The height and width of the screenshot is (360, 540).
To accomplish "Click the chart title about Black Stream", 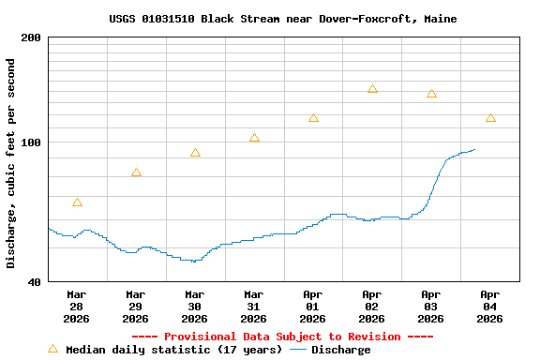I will [x=283, y=19].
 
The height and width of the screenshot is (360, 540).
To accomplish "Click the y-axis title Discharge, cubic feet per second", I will [x=11, y=163].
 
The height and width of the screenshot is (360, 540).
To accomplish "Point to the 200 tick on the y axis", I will [x=31, y=37].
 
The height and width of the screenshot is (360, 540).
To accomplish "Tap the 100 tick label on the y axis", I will [x=31, y=142].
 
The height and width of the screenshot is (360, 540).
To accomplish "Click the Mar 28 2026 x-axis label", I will [x=77, y=306].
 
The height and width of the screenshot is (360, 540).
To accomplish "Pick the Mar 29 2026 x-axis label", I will [x=136, y=306].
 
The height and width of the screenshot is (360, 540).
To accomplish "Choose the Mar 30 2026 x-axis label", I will [x=195, y=306].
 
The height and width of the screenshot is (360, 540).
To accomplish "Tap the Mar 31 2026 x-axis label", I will [x=254, y=306].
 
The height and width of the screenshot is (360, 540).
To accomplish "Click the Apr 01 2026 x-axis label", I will [x=313, y=306].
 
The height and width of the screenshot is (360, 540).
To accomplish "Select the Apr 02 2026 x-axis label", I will [x=372, y=306].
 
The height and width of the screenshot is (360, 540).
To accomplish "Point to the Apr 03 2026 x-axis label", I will [x=431, y=306].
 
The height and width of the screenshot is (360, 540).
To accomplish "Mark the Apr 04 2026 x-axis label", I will [x=490, y=306].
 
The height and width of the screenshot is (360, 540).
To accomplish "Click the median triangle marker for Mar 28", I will [x=77, y=202].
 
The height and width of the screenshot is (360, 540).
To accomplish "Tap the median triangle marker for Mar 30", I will [x=195, y=153].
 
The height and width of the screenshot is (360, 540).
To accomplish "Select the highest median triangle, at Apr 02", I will [x=372, y=89].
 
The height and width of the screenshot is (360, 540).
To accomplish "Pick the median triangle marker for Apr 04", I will [x=490, y=118].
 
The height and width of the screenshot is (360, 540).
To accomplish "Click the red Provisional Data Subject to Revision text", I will [x=282, y=337].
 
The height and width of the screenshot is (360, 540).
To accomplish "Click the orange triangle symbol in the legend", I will [x=52, y=349].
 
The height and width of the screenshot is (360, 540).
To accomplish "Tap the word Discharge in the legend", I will [x=340, y=350].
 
